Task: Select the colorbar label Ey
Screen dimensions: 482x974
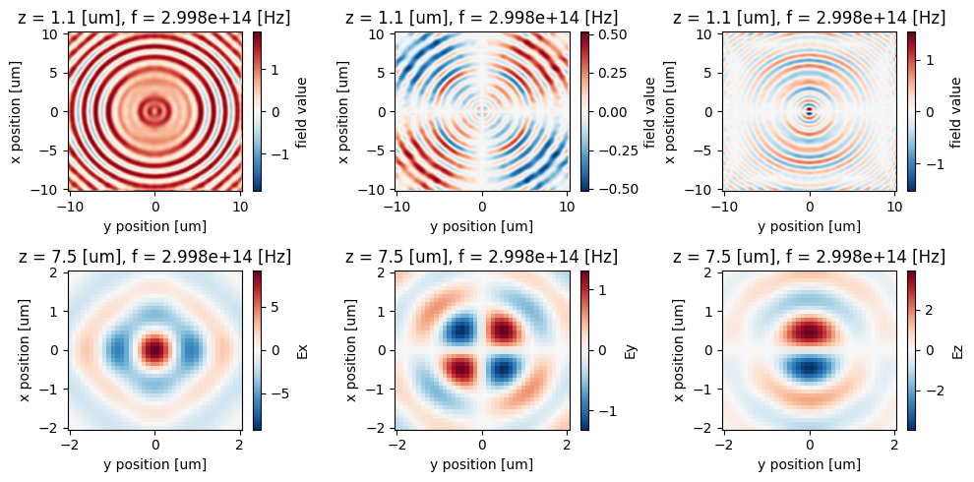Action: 630,349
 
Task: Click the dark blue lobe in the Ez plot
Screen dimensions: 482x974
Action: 810,367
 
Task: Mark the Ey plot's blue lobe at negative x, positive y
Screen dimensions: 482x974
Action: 503,369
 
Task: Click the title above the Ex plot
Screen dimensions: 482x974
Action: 154,257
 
